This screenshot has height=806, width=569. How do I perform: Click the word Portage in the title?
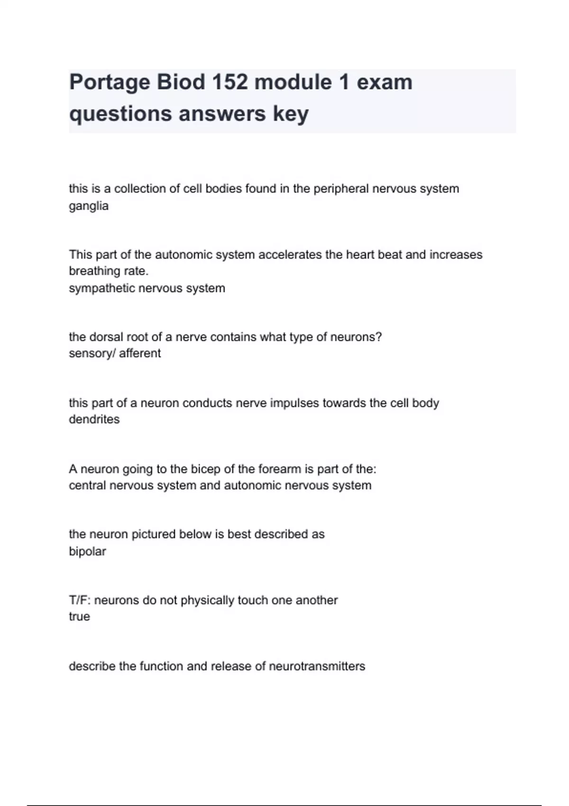pos(110,82)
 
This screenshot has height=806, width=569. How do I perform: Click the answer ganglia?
pos(89,206)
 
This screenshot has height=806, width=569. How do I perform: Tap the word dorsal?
pos(105,337)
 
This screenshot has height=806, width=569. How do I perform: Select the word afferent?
pos(140,353)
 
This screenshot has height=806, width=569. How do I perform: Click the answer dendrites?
pos(94,420)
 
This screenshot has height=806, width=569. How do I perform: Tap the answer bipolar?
pos(87,551)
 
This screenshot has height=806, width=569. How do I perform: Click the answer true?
pos(79,617)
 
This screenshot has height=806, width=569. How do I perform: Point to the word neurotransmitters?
pos(317,666)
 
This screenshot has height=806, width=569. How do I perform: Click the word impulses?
pos(294,403)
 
